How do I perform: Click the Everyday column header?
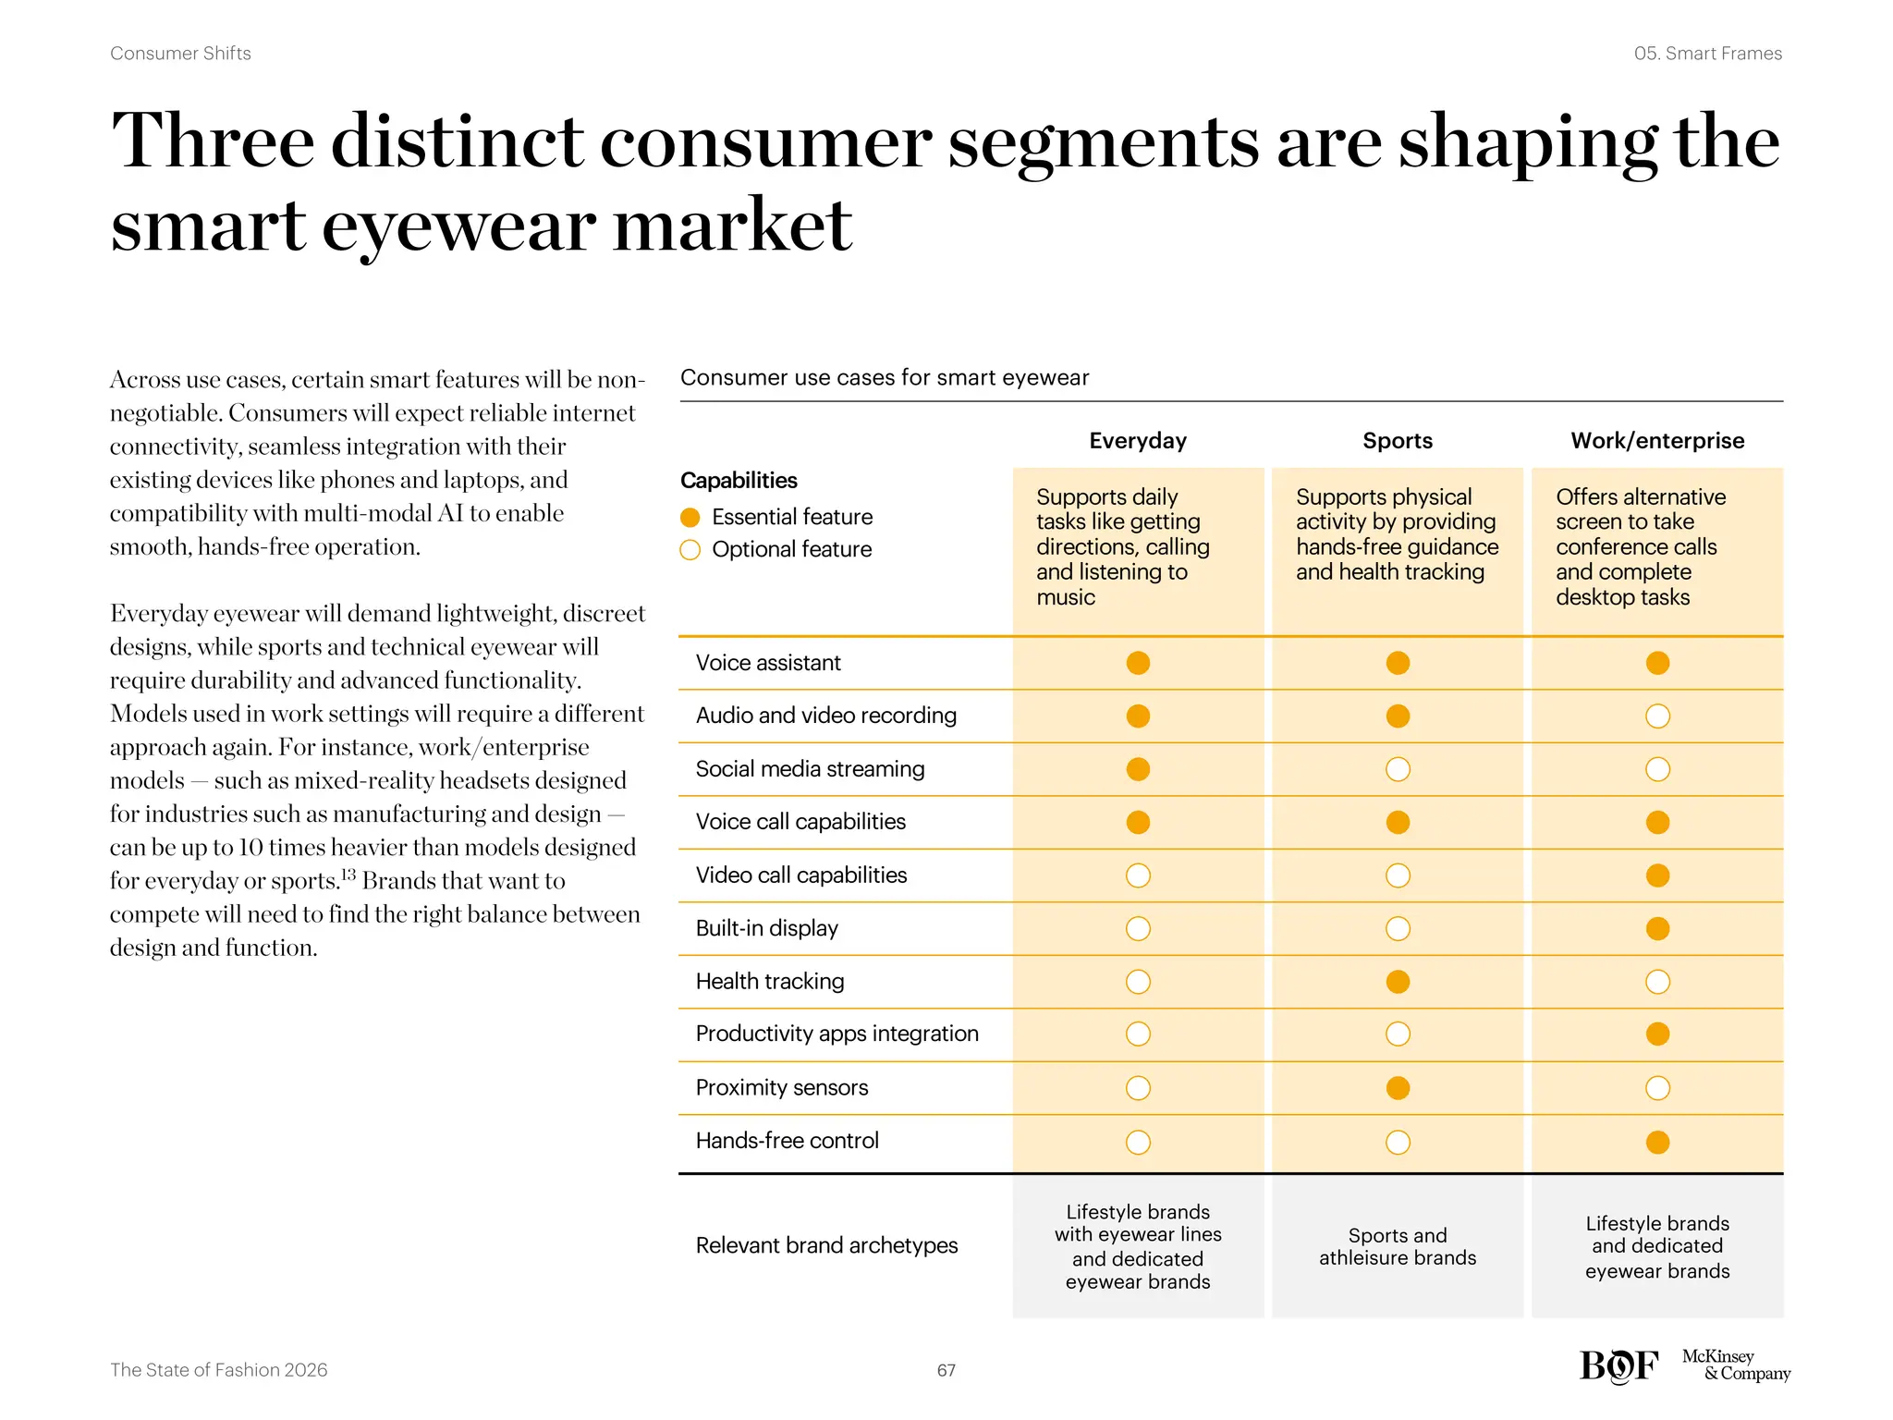pos(1138,441)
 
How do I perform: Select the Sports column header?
pos(1398,441)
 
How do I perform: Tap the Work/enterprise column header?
pos(1657,441)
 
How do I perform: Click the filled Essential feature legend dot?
pos(690,518)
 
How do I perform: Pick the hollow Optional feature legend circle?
pos(690,550)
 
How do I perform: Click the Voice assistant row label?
pos(768,663)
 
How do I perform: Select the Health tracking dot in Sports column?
pos(1398,982)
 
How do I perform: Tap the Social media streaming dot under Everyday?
pos(1138,769)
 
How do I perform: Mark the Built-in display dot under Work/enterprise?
pos(1657,928)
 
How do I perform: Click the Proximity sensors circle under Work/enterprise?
pos(1657,1088)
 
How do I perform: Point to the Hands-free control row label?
pos(787,1141)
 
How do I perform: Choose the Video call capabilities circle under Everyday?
pos(1138,875)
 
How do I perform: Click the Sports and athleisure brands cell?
pos(1398,1246)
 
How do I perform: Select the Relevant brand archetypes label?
pos(826,1245)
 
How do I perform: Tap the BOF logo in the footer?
pos(1618,1365)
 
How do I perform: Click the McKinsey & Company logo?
pos(1735,1365)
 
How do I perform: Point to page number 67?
pos(946,1370)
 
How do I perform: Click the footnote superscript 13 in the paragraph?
pos(348,874)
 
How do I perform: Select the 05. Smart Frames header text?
pos(1707,54)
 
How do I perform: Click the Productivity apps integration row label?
pos(837,1034)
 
